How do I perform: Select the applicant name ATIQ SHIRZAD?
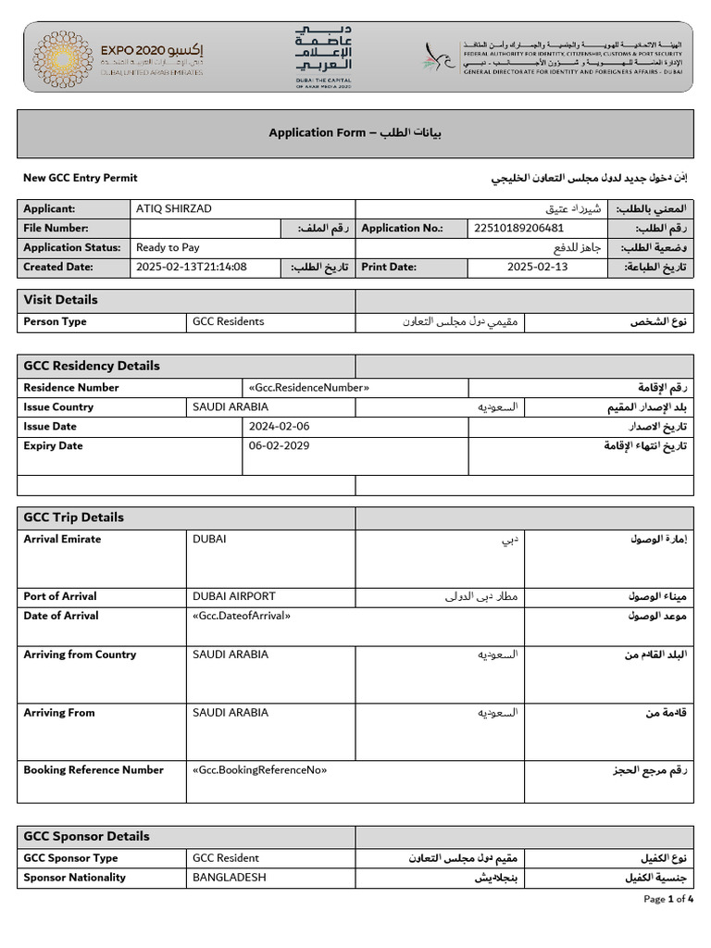click(x=174, y=209)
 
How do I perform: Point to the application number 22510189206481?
click(x=518, y=229)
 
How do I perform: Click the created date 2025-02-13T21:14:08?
click(x=192, y=268)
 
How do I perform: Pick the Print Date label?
click(x=389, y=268)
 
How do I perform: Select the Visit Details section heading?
click(x=60, y=300)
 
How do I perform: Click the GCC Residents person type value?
click(x=228, y=322)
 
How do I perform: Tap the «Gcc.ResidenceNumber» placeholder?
click(x=309, y=388)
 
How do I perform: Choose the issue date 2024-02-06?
click(x=280, y=427)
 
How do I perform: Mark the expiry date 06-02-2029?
click(x=280, y=446)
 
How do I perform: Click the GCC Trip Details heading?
click(x=73, y=518)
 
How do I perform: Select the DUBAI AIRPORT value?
click(x=233, y=596)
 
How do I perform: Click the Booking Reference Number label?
click(x=94, y=770)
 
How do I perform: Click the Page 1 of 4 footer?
click(x=668, y=899)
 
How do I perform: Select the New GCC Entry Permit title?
click(x=80, y=178)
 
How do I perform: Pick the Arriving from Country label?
click(x=80, y=655)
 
